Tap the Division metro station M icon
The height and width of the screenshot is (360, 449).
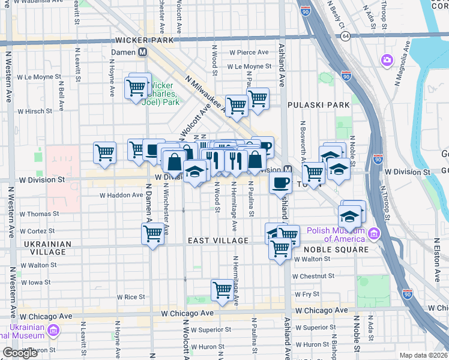pyautogui.click(x=288, y=170)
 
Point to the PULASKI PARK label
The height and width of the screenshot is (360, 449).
pyautogui.click(x=318, y=105)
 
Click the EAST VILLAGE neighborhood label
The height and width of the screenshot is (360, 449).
pyautogui.click(x=218, y=241)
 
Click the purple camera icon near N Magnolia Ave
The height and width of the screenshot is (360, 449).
pyautogui.click(x=387, y=60)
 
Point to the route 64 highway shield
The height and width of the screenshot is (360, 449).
pyautogui.click(x=345, y=36)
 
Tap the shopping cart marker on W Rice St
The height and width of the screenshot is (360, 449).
pyautogui.click(x=222, y=290)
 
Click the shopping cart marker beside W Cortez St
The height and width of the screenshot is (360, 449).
pyautogui.click(x=152, y=233)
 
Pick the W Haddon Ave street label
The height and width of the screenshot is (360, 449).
pyautogui.click(x=121, y=196)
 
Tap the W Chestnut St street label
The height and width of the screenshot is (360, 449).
pyautogui.click(x=313, y=276)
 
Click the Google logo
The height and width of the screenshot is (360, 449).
pyautogui.click(x=20, y=353)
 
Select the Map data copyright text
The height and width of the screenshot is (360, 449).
pyautogui.click(x=423, y=355)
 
